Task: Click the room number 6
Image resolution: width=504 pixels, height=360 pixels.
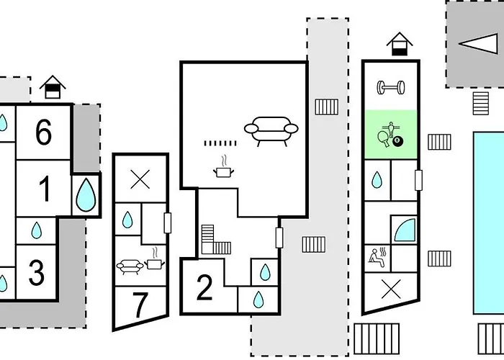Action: click(x=43, y=132)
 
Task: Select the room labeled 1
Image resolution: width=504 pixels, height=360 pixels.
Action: click(x=45, y=189)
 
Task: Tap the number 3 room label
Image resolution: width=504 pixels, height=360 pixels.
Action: click(x=36, y=272)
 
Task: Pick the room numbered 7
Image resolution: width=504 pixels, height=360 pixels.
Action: click(x=140, y=305)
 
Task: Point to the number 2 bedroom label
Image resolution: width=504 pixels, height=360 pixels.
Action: click(x=204, y=287)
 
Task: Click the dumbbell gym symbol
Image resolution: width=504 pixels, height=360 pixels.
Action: click(x=391, y=87)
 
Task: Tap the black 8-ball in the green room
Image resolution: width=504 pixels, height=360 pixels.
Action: click(x=397, y=141)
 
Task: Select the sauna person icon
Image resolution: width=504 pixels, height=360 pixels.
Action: click(x=377, y=257)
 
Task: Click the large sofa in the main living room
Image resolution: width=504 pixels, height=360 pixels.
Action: click(x=271, y=131)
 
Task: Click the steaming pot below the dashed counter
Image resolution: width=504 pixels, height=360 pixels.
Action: click(x=223, y=167)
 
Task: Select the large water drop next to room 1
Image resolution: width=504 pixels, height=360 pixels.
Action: click(x=86, y=195)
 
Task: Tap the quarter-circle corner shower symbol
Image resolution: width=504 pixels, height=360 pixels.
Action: click(x=405, y=230)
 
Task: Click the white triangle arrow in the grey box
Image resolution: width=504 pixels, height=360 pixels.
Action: click(x=478, y=44)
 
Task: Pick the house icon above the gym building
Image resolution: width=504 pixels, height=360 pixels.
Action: click(x=399, y=44)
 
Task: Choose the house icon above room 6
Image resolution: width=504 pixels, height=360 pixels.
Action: click(x=53, y=87)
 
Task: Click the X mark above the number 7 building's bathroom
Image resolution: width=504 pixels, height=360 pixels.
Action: click(x=140, y=179)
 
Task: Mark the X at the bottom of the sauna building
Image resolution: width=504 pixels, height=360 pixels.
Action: click(x=391, y=289)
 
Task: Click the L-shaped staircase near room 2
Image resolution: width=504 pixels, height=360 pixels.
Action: click(x=213, y=240)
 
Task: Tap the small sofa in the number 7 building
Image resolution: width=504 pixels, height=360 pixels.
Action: click(x=130, y=267)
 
